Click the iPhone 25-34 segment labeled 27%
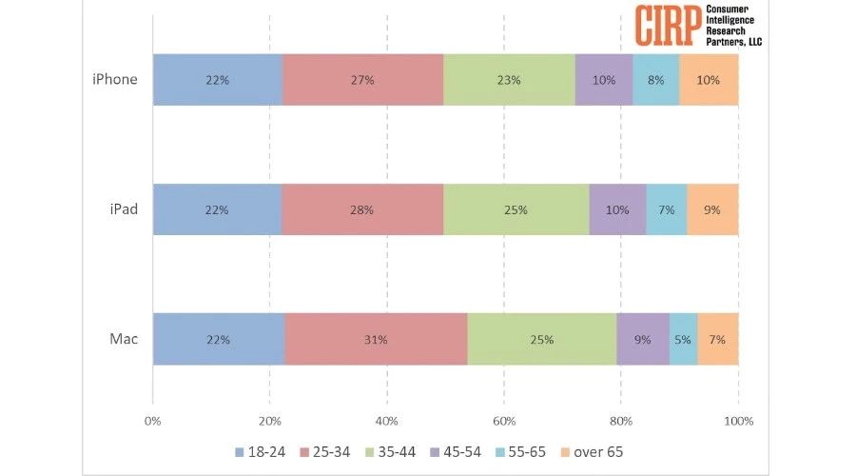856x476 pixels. click(x=362, y=80)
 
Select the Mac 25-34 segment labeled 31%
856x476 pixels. click(x=376, y=339)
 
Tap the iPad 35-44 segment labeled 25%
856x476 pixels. click(x=516, y=209)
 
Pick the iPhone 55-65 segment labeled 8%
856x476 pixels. click(x=655, y=80)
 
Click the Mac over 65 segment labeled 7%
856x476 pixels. click(x=717, y=339)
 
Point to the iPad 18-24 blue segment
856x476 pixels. click(x=217, y=209)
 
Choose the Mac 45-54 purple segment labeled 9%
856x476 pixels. click(x=643, y=339)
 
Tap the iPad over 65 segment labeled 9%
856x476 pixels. click(x=711, y=209)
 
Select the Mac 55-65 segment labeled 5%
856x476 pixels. click(x=683, y=339)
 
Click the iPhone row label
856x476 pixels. click(x=114, y=79)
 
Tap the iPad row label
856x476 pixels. click(x=124, y=208)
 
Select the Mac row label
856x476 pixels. click(x=125, y=338)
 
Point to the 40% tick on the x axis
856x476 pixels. click(x=386, y=420)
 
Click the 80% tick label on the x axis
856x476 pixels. click(x=621, y=420)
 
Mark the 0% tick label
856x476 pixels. click(x=152, y=420)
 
